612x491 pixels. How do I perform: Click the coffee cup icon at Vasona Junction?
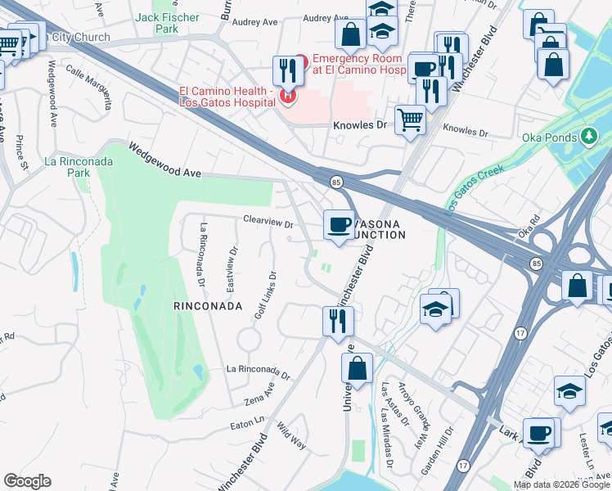pyautogui.click(x=339, y=225)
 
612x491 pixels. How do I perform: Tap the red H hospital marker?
pyautogui.click(x=288, y=97)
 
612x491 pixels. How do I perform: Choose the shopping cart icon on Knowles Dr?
pyautogui.click(x=410, y=119)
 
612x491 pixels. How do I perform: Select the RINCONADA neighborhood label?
pyautogui.click(x=208, y=306)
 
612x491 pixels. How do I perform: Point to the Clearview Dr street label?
pyautogui.click(x=268, y=218)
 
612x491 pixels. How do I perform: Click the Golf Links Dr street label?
pyautogui.click(x=264, y=296)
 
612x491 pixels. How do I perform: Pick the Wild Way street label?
pyautogui.click(x=291, y=436)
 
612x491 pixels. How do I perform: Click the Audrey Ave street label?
pyautogui.click(x=325, y=18)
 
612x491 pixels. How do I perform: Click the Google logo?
pyautogui.click(x=28, y=482)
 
